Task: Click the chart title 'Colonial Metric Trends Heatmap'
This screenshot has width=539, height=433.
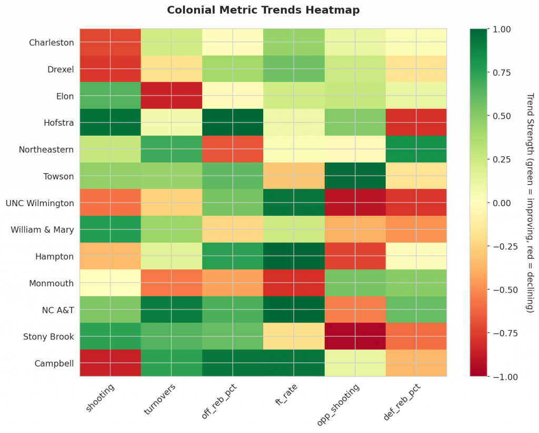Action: (x=263, y=10)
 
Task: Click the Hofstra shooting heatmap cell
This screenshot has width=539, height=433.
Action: (x=110, y=123)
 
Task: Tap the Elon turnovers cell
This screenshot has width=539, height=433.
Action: (x=171, y=96)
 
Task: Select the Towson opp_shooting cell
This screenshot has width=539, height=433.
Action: (x=355, y=176)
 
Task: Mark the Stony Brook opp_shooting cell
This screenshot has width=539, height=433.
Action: (x=355, y=336)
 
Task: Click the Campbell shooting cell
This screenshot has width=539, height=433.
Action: (x=110, y=363)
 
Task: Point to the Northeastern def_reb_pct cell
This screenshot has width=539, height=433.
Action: (x=416, y=149)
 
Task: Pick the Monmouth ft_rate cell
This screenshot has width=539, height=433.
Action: (x=294, y=283)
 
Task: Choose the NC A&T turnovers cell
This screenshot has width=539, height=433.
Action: (x=171, y=309)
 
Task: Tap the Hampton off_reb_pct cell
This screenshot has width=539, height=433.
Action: (x=232, y=256)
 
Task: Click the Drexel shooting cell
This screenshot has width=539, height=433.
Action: (x=110, y=69)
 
